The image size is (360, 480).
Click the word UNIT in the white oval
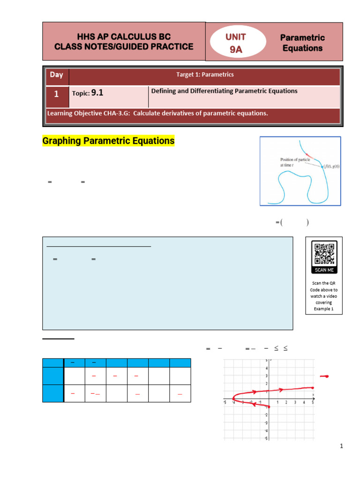236,37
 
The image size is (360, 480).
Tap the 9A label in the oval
236,49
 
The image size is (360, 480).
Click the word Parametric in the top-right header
302,37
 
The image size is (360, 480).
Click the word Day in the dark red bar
56,75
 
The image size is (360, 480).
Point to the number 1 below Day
56,94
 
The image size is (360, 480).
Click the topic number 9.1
97,93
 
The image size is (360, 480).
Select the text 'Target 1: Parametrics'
205,75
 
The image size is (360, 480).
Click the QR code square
324,254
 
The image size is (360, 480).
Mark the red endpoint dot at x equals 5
313,388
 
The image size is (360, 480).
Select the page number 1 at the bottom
342,446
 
